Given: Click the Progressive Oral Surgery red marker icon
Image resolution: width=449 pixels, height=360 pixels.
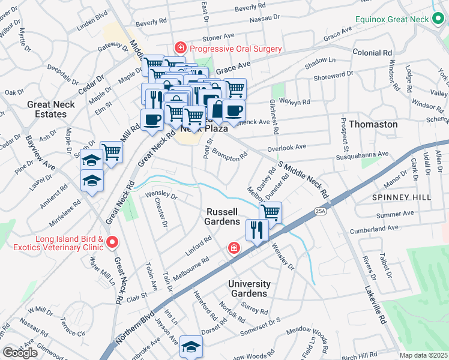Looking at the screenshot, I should [179, 47].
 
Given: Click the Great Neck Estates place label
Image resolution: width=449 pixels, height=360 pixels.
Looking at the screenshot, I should [50, 109].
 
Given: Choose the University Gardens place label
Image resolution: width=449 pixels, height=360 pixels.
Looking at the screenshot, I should [249, 289].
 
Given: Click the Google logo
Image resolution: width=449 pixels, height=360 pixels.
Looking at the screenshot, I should [20, 352].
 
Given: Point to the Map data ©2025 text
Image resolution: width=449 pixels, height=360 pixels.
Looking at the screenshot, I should [424, 355].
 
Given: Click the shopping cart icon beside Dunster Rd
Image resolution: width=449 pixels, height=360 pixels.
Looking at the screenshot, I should [271, 212].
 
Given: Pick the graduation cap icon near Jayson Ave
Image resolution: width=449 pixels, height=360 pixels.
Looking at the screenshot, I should [191, 346].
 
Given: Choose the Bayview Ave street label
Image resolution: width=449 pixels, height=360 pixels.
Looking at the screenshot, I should [40, 154].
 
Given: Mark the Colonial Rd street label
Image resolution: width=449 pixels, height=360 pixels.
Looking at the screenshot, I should [372, 52].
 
